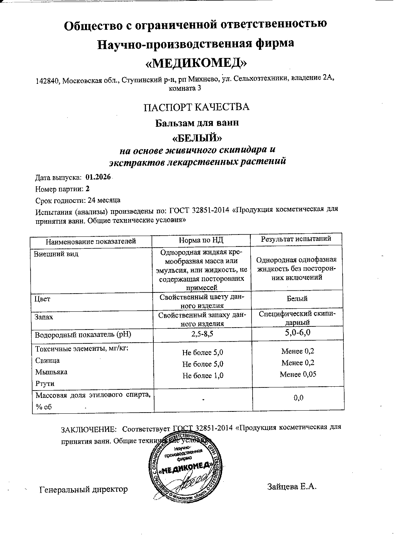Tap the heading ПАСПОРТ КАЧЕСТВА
point(196,107)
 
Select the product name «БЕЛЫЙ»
point(197,138)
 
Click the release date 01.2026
point(98,177)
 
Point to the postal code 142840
point(48,81)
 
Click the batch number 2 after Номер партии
point(87,189)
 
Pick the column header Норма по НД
point(201,240)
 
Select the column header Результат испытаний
point(296,239)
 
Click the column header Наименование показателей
point(91,241)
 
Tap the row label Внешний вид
point(56,254)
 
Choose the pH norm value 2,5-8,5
point(202,335)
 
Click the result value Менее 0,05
point(298,374)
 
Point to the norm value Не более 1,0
point(202,375)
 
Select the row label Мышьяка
point(51,372)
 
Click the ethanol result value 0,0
point(298,398)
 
